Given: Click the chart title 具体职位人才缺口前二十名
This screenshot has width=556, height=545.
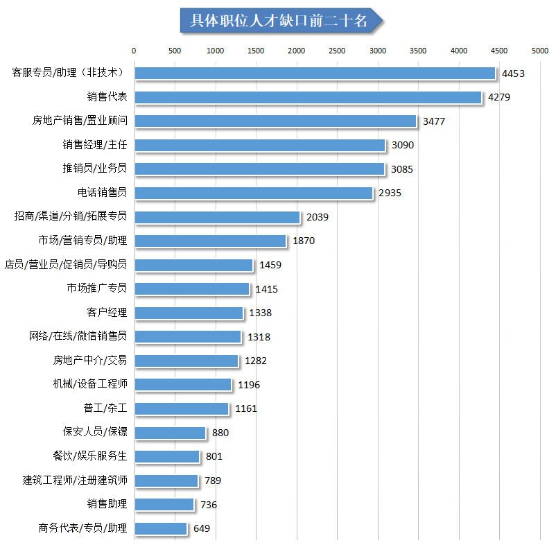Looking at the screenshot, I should [x=279, y=21].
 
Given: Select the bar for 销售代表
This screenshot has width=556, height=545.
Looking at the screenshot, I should [x=308, y=97].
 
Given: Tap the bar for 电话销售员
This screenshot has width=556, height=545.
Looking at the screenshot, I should [x=254, y=193].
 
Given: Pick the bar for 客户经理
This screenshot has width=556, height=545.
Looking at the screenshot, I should [x=189, y=313].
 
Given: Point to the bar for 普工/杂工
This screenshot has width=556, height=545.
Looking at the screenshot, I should [x=181, y=408].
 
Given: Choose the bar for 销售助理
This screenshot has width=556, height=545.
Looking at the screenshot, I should [x=164, y=504].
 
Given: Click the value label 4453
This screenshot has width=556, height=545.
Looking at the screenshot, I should [x=514, y=73].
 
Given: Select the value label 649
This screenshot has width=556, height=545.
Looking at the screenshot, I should [x=202, y=528].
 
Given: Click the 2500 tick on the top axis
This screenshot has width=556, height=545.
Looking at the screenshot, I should [x=337, y=51].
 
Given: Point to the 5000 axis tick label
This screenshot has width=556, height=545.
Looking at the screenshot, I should [x=540, y=51].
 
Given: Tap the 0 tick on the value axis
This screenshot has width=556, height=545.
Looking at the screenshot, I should [x=134, y=51].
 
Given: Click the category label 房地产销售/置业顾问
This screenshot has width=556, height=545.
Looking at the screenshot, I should [x=80, y=121].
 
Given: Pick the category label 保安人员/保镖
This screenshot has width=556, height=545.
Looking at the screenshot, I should [x=95, y=432].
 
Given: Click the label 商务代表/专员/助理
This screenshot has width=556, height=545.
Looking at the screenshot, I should [x=83, y=528].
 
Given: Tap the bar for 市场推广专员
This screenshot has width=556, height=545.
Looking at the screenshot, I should [x=191, y=288].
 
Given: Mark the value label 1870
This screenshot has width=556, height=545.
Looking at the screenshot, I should [x=304, y=241].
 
